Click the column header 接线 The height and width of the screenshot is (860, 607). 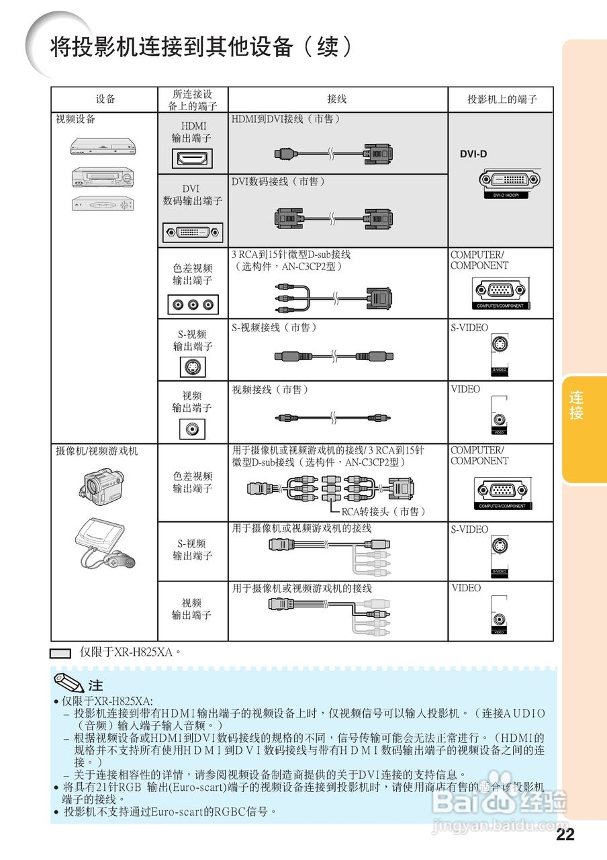(336, 99)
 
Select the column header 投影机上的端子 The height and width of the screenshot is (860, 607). (502, 99)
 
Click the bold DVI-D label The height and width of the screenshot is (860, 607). (473, 154)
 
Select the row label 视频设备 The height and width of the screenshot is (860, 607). (75, 119)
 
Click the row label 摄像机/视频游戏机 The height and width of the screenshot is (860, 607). (97, 451)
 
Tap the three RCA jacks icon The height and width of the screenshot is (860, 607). (193, 304)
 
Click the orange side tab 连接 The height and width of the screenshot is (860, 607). (576, 405)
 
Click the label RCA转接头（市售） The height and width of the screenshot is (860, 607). (383, 511)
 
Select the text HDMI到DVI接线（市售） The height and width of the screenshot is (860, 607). (286, 119)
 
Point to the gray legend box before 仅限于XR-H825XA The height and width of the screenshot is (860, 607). (61, 652)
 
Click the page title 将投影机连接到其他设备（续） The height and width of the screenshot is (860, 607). (201, 47)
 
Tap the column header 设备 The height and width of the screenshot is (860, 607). (105, 99)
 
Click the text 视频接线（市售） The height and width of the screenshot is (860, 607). (270, 390)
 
